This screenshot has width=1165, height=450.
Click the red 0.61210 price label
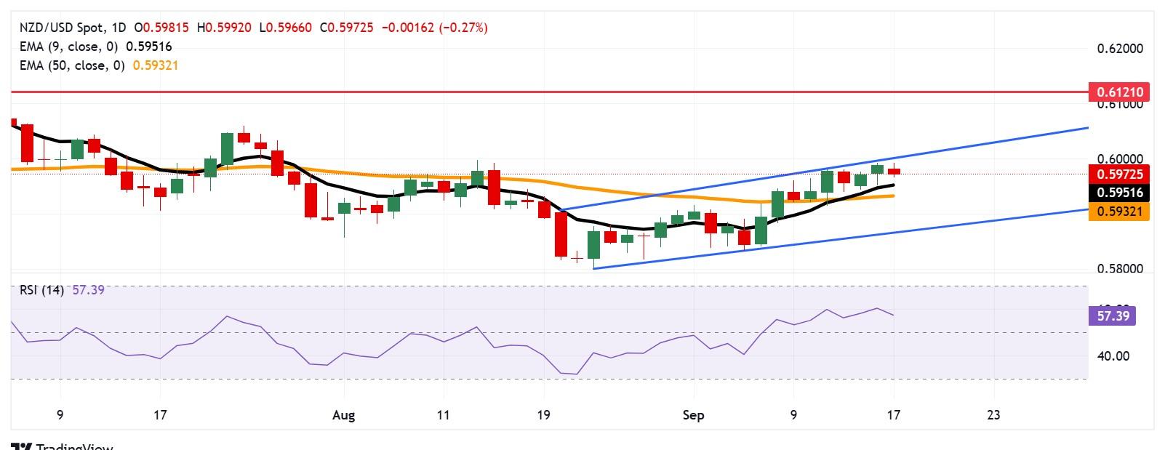click(1118, 92)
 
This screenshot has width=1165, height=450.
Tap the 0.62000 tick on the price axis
click(1120, 49)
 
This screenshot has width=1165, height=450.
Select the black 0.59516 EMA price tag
click(1118, 193)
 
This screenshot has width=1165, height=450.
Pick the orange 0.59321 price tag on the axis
click(1118, 212)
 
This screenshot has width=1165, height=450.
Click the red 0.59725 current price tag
click(1118, 174)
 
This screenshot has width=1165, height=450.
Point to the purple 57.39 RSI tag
click(1113, 316)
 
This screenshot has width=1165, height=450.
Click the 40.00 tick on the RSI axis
click(1113, 355)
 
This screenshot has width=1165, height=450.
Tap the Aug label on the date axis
click(343, 415)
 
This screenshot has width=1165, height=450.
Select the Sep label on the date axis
click(694, 415)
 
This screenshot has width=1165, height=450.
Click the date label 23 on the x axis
click(993, 415)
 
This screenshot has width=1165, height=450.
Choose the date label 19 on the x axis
click(543, 415)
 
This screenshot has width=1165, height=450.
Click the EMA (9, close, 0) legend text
click(69, 47)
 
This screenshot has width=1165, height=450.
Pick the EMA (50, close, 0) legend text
click(72, 65)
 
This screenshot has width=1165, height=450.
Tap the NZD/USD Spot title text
click(61, 28)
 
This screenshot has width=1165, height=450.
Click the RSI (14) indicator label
click(41, 290)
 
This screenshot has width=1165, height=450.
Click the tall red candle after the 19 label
click(561, 233)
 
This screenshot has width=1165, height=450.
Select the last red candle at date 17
click(894, 172)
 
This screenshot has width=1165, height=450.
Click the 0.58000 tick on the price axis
click(1120, 268)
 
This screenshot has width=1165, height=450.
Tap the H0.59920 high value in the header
click(224, 28)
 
